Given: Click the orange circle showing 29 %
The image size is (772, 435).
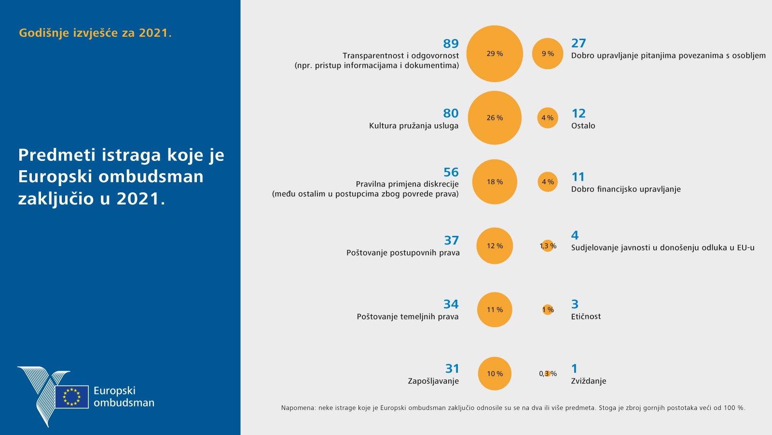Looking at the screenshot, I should [495, 54].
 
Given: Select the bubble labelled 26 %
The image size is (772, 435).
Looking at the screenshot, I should [495, 118].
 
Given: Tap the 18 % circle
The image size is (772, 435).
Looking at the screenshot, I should [495, 182].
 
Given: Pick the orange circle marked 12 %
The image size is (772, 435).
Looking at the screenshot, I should [495, 246].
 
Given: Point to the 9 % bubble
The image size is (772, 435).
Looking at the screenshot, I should [548, 54].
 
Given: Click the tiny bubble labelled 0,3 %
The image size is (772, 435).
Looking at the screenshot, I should [548, 374].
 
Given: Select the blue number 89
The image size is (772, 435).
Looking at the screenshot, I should [451, 43].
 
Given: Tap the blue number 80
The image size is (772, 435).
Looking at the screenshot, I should [451, 113].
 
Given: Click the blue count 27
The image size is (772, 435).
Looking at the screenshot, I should [579, 43].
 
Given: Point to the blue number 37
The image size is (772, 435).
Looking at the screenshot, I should [452, 240].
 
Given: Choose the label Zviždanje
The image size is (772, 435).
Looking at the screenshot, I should [589, 381].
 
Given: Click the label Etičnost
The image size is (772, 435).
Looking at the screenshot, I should [586, 317].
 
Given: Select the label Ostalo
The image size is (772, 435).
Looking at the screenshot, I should [583, 126].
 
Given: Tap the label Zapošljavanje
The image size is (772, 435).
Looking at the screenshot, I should [433, 381].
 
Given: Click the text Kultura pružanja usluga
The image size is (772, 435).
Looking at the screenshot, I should [414, 126].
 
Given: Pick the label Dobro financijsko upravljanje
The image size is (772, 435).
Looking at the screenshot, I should [626, 189].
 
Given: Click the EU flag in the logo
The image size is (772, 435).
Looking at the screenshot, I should [72, 397].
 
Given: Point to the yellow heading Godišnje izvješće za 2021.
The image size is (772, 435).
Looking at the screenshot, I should [95, 33].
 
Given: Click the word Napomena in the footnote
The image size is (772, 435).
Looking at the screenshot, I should [297, 408].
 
